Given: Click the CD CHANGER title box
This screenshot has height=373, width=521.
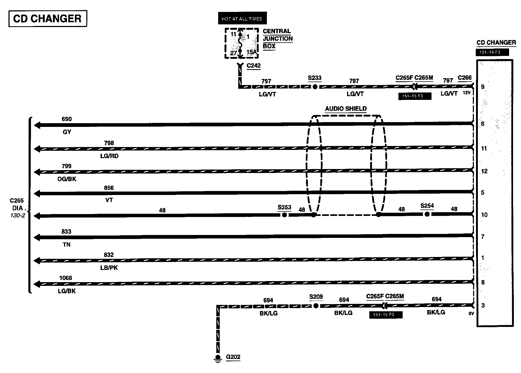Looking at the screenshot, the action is pyautogui.click(x=48, y=19).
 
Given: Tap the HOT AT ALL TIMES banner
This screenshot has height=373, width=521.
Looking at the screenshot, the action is pyautogui.click(x=242, y=19).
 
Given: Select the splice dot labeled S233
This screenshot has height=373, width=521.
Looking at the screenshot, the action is pyautogui.click(x=315, y=87).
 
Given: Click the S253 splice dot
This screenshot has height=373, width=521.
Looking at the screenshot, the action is pyautogui.click(x=284, y=215).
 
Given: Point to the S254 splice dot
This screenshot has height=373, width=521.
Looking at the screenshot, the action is pyautogui.click(x=427, y=214).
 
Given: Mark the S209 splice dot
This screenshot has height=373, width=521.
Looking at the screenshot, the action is pyautogui.click(x=316, y=306).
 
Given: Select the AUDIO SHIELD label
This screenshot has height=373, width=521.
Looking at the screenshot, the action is pyautogui.click(x=346, y=109).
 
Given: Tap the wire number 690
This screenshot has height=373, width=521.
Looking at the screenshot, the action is pyautogui.click(x=67, y=119).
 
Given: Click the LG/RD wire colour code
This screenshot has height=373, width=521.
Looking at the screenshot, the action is pyautogui.click(x=109, y=156).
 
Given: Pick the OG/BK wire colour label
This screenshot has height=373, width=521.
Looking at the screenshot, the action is pyautogui.click(x=67, y=179).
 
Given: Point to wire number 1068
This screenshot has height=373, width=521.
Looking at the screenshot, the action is pyautogui.click(x=66, y=278).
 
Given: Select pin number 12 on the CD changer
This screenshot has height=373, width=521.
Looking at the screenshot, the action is pyautogui.click(x=484, y=171).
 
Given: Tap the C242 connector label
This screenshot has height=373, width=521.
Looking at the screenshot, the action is pyautogui.click(x=254, y=65).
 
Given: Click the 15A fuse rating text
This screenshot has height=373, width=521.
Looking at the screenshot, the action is pyautogui.click(x=251, y=52).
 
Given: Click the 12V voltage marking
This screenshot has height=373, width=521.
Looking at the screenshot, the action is pyautogui.click(x=466, y=93).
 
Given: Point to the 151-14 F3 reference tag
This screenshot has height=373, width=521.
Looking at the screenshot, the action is pyautogui.click(x=492, y=52).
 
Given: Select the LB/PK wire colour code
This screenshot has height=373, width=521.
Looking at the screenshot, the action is pyautogui.click(x=109, y=268).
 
